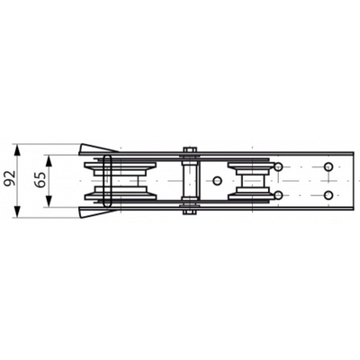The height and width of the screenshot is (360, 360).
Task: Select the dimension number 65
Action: pos(40,180)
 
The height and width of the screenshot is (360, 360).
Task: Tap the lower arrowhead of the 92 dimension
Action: pos(18,211)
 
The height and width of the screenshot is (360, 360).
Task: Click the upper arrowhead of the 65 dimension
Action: pos(49,161)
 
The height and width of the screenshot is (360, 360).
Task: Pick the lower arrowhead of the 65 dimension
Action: pos(49,201)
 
